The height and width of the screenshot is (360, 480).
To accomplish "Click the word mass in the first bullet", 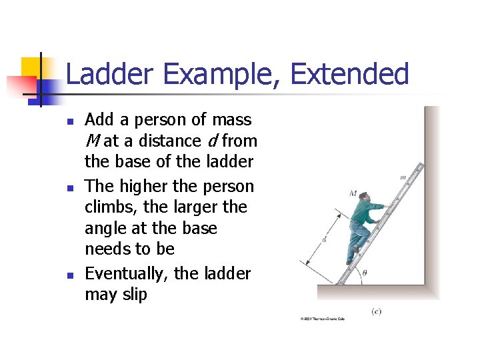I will pos(231,120).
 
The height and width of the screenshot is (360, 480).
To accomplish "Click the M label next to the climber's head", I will pos(353,194).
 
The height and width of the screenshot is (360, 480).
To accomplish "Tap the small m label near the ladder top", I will pos(403,177).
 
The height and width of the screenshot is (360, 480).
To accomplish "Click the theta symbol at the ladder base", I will pos(363,273).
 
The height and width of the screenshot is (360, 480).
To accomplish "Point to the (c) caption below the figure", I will pos(377,311).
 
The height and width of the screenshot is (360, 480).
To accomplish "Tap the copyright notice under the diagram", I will pos(323,319).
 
